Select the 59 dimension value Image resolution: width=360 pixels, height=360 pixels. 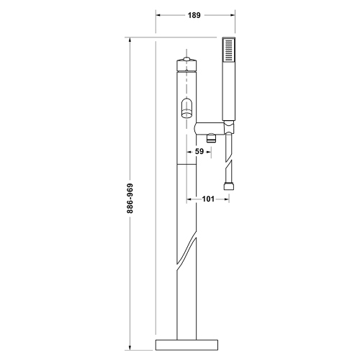pyautogui.click(x=199, y=152)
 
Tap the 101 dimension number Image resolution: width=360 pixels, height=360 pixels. pyautogui.click(x=208, y=199)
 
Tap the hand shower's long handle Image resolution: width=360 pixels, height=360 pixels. pyautogui.click(x=230, y=94)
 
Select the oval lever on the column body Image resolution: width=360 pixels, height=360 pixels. pyautogui.click(x=187, y=108)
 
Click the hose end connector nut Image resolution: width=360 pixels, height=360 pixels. pyautogui.click(x=230, y=187)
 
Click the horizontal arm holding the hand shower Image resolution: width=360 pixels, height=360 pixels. pyautogui.click(x=209, y=127)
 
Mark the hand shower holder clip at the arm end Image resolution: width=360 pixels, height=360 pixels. pyautogui.click(x=229, y=128)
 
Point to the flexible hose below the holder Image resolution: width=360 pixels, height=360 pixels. pyautogui.click(x=230, y=158)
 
